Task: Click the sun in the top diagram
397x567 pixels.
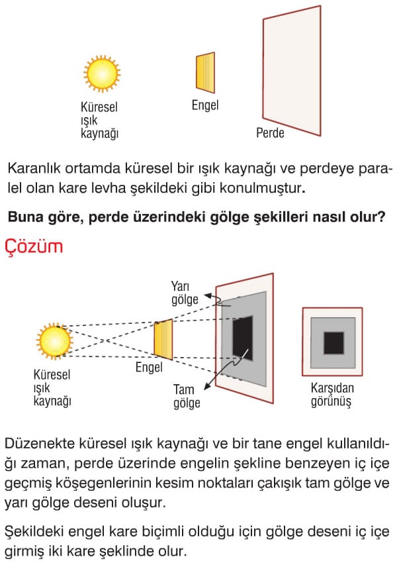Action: point(102,74)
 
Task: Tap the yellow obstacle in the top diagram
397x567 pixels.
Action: point(205,73)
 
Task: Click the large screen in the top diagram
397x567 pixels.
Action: point(292,71)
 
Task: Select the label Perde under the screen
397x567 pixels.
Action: point(270,132)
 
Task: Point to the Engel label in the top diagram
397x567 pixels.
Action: point(205,105)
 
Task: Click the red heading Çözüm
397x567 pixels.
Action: point(34,247)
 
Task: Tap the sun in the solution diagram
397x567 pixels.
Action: point(54,341)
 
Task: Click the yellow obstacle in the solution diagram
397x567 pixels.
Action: point(163,339)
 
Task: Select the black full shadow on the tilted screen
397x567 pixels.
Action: point(242,338)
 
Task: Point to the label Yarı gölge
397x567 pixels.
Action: point(185,293)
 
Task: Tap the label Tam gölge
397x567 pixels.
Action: point(187,396)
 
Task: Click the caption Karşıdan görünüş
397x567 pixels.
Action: point(332,395)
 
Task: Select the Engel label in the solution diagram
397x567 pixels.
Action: point(149,368)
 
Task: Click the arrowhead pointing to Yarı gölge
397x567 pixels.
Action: point(207,296)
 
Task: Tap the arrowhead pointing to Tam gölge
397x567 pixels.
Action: point(207,387)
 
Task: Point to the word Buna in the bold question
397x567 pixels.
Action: point(23,217)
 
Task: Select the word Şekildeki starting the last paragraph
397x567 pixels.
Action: point(34,532)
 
